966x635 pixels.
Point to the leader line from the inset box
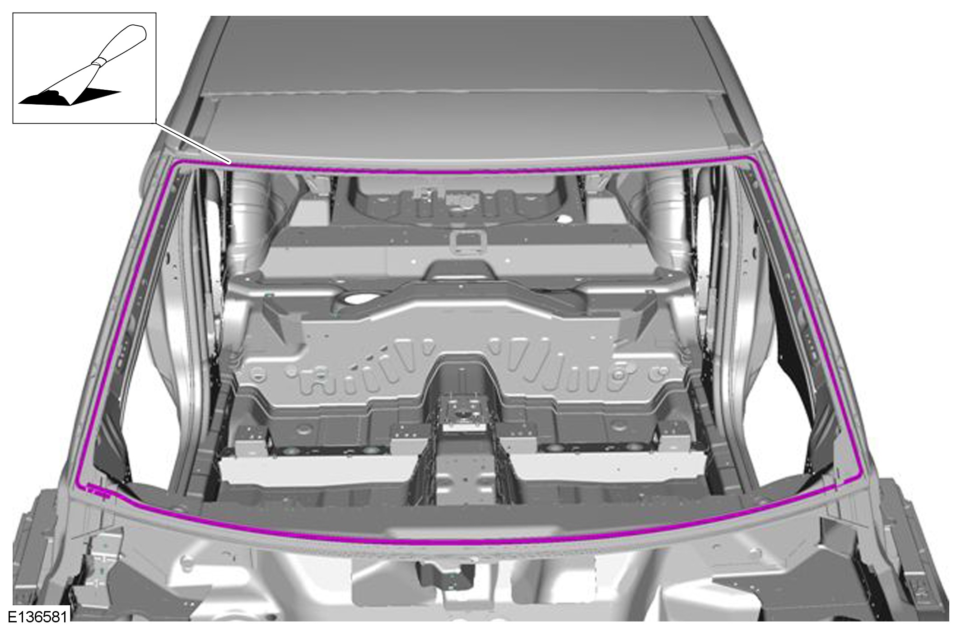point(193,143)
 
